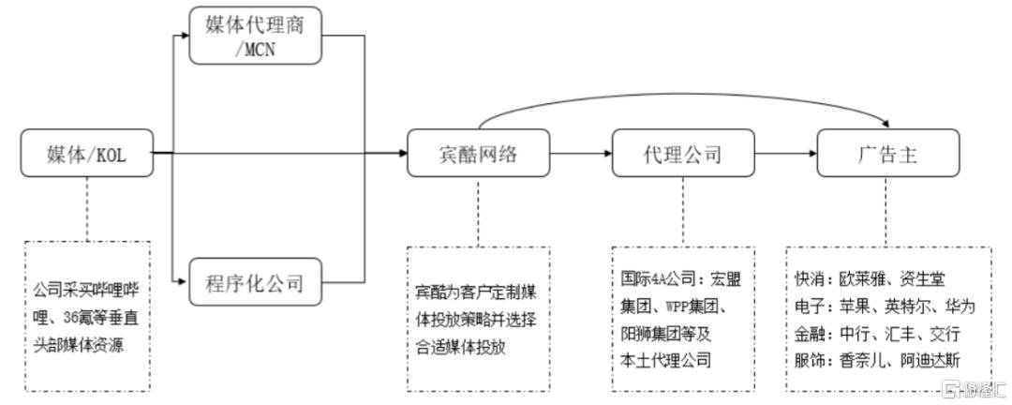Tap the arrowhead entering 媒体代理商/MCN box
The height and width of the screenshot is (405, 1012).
[183, 37]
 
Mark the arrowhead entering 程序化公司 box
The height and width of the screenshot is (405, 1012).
[183, 279]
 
